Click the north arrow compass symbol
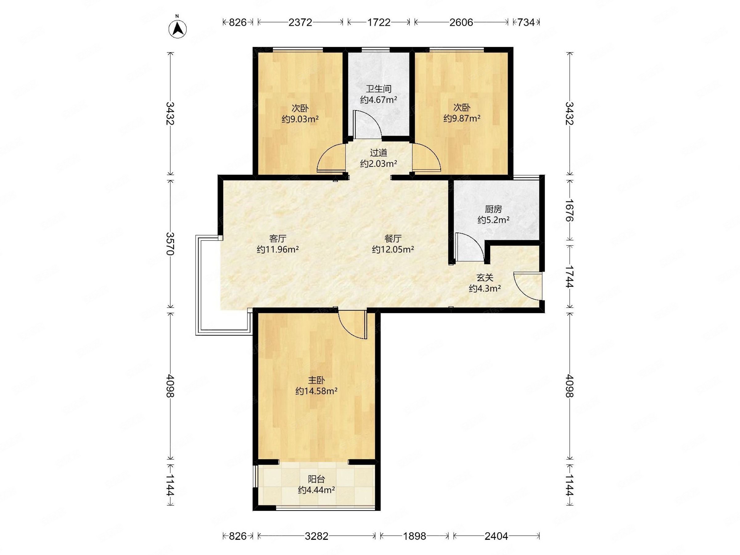pyautogui.click(x=178, y=28)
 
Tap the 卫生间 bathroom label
pyautogui.click(x=378, y=89)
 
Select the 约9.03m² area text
pyautogui.click(x=300, y=119)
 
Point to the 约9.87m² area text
pyautogui.click(x=462, y=118)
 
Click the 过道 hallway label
pyautogui.click(x=378, y=153)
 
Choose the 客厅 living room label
pyautogui.click(x=278, y=239)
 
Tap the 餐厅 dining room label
pyautogui.click(x=393, y=239)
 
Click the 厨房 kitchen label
pyautogui.click(x=493, y=209)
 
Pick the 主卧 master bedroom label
pyautogui.click(x=316, y=380)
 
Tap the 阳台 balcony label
pyautogui.click(x=316, y=479)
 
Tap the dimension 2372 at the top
pyautogui.click(x=300, y=22)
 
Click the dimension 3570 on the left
pyautogui.click(x=170, y=244)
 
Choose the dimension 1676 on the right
pyautogui.click(x=569, y=210)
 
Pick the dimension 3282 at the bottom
pyautogui.click(x=316, y=536)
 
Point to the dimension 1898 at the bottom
pyautogui.click(x=414, y=536)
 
